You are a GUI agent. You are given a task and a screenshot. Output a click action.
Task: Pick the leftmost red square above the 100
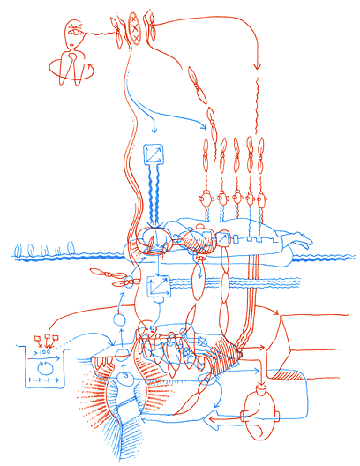pyautogui.click(x=36, y=338)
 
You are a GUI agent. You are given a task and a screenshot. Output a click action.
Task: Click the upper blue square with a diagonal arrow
pyautogui.click(x=153, y=155)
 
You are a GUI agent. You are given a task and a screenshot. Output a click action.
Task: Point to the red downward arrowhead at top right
pyautogui.click(x=258, y=66)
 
